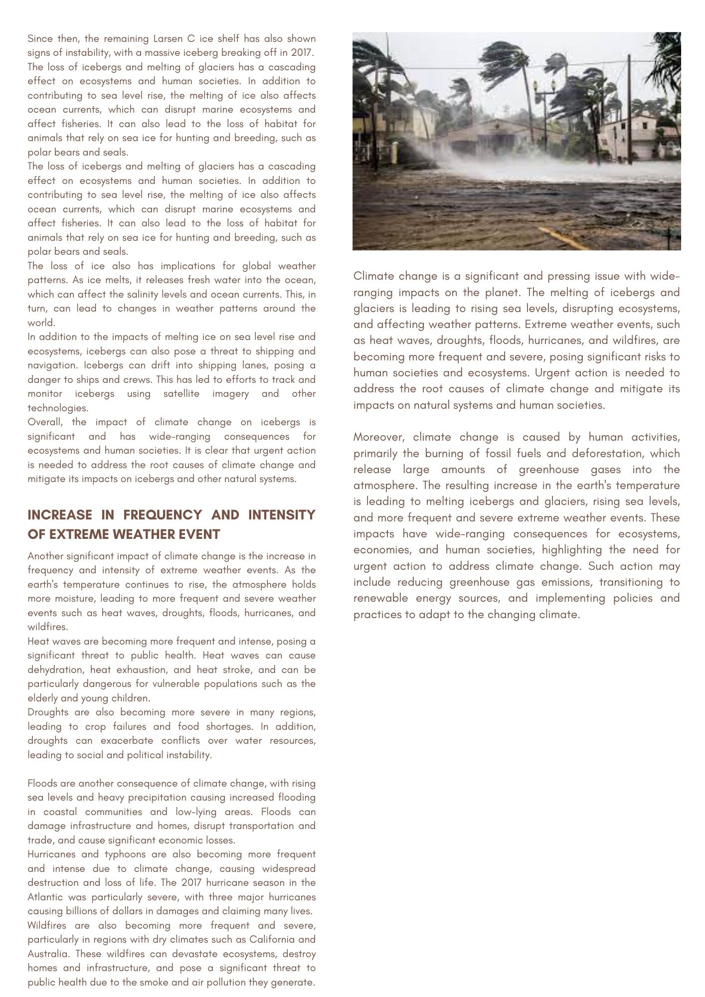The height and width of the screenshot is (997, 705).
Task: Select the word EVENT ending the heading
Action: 199,534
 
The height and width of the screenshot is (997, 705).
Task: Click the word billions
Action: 87,911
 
